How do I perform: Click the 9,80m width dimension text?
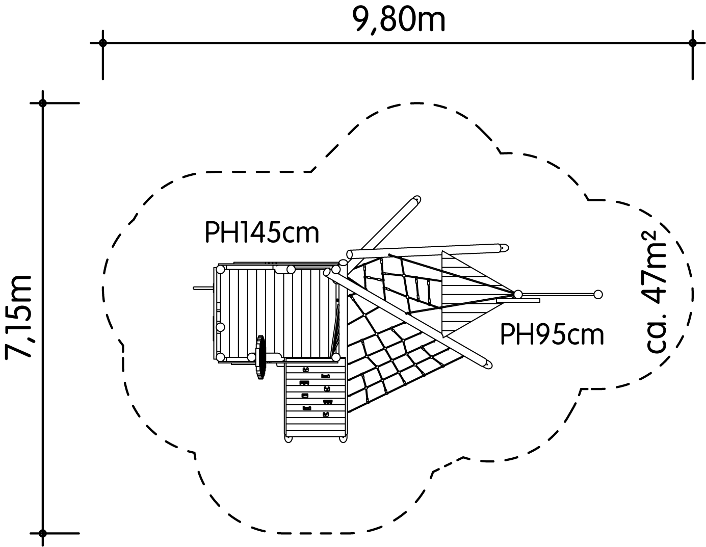point(399,20)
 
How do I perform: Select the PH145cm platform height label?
point(262,232)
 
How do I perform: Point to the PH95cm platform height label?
point(552,334)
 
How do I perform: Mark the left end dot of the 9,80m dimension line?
point(102,42)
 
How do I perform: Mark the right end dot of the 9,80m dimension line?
point(692,42)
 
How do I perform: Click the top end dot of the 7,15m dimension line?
point(42,103)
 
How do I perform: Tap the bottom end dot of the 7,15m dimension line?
point(42,533)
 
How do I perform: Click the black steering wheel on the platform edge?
point(260,358)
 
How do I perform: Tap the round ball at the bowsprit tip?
point(598,295)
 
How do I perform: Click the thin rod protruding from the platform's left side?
point(203,288)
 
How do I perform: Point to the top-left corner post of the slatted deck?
point(220,270)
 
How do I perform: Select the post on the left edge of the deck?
point(220,327)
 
